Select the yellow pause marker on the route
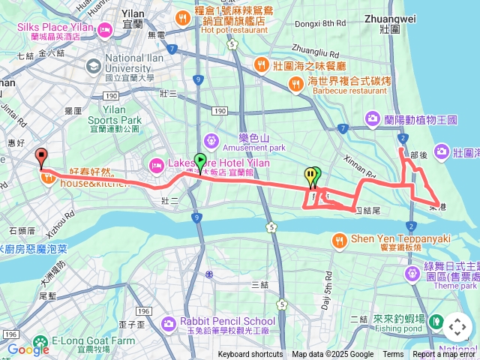click(x=310, y=176)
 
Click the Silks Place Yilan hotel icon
click(x=103, y=31)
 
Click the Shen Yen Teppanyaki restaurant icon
click(x=340, y=239)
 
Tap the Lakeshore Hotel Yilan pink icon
click(x=157, y=163)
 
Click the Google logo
click(x=28, y=349)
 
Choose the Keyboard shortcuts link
click(x=250, y=355)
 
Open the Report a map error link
click(x=444, y=355)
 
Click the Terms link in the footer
click(x=393, y=355)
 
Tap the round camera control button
click(x=457, y=327)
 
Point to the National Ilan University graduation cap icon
click(x=92, y=66)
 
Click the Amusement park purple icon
click(x=211, y=139)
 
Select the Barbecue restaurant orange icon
click(x=295, y=85)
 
